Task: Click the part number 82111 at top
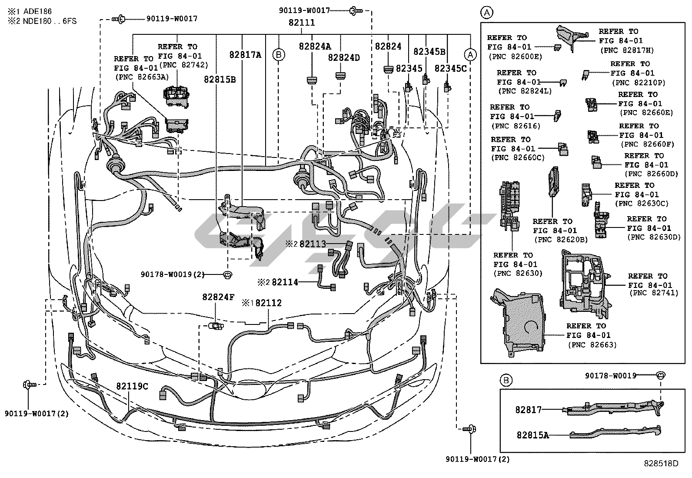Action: [302, 23]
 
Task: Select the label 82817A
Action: [245, 55]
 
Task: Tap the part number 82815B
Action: [220, 80]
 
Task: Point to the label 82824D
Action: [343, 57]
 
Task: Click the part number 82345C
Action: [450, 69]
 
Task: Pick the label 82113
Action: [312, 244]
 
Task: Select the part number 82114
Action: [285, 282]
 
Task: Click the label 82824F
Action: [218, 297]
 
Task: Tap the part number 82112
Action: [268, 303]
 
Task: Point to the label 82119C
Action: [132, 386]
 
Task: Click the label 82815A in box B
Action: [532, 435]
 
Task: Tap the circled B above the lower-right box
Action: [506, 381]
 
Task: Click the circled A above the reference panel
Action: [487, 12]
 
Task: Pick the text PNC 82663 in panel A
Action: [592, 345]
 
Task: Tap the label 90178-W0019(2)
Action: [172, 274]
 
